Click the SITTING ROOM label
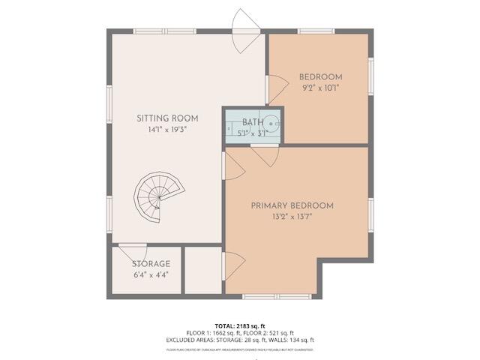coord(167,118)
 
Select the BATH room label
coord(253,121)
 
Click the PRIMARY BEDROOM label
coord(292,205)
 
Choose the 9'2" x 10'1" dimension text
coord(320,87)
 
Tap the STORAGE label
coord(151,264)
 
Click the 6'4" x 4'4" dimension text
coord(151,274)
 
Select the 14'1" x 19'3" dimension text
coord(167,129)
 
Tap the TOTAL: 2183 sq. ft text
coord(240,325)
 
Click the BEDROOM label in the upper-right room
coord(320,76)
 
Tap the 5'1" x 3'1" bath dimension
coord(253,133)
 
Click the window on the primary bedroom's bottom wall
coord(266,297)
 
